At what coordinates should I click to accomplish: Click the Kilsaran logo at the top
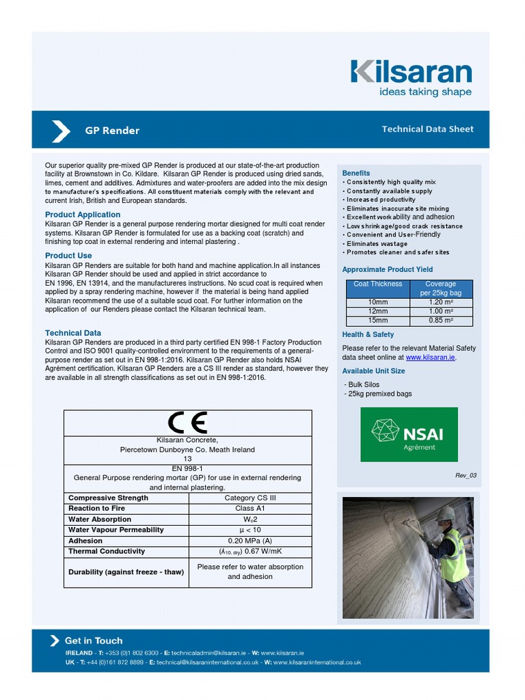pyautogui.click(x=411, y=77)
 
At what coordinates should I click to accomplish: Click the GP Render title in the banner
pyautogui.click(x=112, y=131)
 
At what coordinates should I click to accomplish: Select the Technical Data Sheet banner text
pyautogui.click(x=427, y=129)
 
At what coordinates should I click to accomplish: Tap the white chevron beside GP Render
pyautogui.click(x=61, y=131)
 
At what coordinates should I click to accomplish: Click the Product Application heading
pyautogui.click(x=83, y=215)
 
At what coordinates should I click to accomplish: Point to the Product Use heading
pyautogui.click(x=68, y=256)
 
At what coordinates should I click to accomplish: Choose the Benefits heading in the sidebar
pyautogui.click(x=356, y=173)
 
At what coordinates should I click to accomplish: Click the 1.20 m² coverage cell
pyautogui.click(x=440, y=302)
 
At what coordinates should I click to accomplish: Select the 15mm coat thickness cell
pyautogui.click(x=378, y=320)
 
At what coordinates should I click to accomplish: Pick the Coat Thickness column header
pyautogui.click(x=378, y=284)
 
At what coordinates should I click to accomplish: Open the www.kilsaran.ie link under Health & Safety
pyautogui.click(x=430, y=358)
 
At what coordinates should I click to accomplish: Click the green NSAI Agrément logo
pyautogui.click(x=409, y=434)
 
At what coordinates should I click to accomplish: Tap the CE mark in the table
pyautogui.click(x=187, y=423)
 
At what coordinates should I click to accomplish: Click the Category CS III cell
pyautogui.click(x=250, y=498)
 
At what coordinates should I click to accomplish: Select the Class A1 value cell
pyautogui.click(x=250, y=509)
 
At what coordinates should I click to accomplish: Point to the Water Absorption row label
pyautogui.click(x=100, y=520)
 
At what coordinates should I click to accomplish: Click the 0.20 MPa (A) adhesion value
pyautogui.click(x=250, y=541)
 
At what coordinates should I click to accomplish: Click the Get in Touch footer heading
pyautogui.click(x=94, y=641)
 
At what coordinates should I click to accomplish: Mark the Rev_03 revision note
pyautogui.click(x=466, y=475)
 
